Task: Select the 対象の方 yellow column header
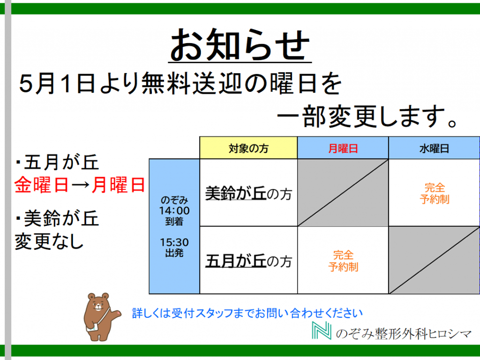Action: pos(248,148)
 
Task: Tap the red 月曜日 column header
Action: pos(343,148)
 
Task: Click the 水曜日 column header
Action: pos(434,148)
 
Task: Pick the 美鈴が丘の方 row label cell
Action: pos(248,193)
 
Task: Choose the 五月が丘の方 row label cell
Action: pos(248,260)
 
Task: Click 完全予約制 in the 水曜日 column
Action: pos(435,194)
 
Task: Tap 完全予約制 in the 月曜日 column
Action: pos(343,261)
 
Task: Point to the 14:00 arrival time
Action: pos(174,210)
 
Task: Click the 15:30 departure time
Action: pos(174,242)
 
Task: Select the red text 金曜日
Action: pos(41,185)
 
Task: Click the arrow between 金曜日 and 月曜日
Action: pos(80,185)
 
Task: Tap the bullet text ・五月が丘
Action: pos(57,162)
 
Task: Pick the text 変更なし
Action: pos(49,241)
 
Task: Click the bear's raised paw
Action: pos(117,314)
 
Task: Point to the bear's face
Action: pos(98,303)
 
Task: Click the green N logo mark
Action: pos(322,330)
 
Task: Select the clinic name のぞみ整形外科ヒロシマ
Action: pos(404,333)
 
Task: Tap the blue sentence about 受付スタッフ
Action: pos(247,313)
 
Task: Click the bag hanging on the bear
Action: pos(92,328)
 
